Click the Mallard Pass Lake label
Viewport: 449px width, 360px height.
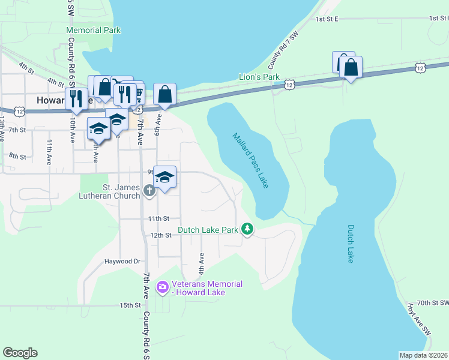[250, 160]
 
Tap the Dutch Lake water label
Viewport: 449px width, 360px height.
[351, 243]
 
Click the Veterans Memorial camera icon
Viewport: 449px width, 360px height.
[162, 288]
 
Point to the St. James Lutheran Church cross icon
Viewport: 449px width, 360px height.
[149, 191]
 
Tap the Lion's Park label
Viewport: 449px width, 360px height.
[259, 77]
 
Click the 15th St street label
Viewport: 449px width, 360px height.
[129, 305]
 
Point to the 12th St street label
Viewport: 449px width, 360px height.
[161, 235]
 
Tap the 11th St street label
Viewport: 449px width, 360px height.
[160, 218]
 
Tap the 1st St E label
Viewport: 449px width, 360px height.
[327, 19]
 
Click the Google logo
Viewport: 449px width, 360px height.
[20, 353]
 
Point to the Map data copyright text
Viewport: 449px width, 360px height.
[424, 355]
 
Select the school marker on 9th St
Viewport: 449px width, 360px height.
[165, 176]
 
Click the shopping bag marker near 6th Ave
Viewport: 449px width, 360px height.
[165, 94]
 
